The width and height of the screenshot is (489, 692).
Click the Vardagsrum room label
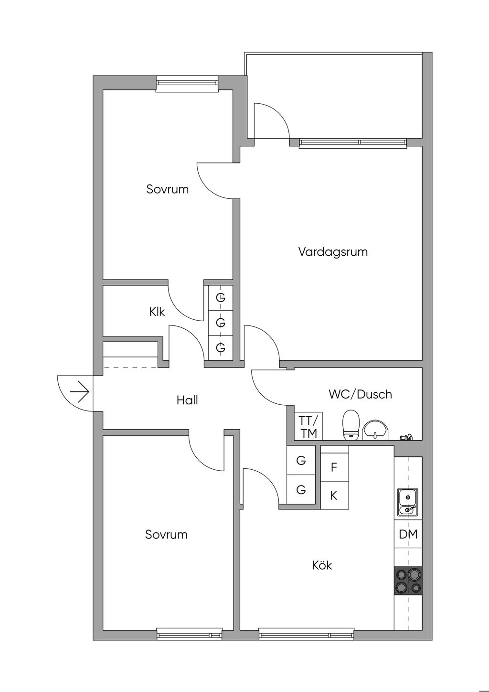click(333, 252)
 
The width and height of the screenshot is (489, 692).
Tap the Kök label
click(322, 565)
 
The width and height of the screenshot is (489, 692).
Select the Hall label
click(187, 400)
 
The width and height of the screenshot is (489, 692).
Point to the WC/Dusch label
click(360, 394)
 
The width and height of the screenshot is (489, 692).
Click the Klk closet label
click(157, 312)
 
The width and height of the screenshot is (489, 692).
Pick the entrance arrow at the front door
click(80, 393)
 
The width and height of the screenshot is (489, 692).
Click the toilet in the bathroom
click(351, 424)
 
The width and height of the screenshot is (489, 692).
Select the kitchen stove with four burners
click(408, 581)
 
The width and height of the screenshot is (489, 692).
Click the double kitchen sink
click(408, 503)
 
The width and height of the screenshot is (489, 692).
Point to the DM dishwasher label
click(408, 534)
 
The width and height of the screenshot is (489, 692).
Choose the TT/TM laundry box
click(308, 427)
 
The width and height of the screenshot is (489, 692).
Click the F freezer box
click(334, 467)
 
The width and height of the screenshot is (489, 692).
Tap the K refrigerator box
click(334, 496)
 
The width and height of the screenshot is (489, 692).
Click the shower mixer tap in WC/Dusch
click(406, 436)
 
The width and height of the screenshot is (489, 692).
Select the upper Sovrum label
click(168, 189)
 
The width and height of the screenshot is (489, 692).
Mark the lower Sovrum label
click(166, 534)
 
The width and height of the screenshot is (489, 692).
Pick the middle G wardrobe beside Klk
click(221, 323)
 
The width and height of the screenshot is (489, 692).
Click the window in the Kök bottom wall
click(307, 635)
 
